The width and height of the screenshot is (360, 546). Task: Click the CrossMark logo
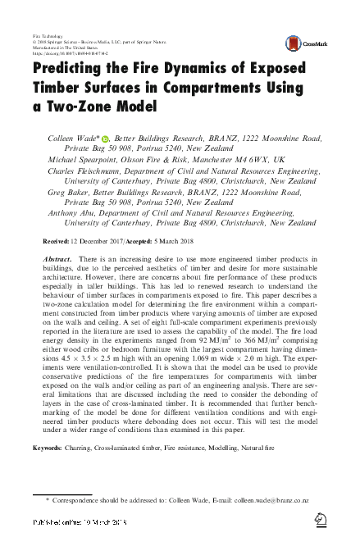point(299,43)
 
